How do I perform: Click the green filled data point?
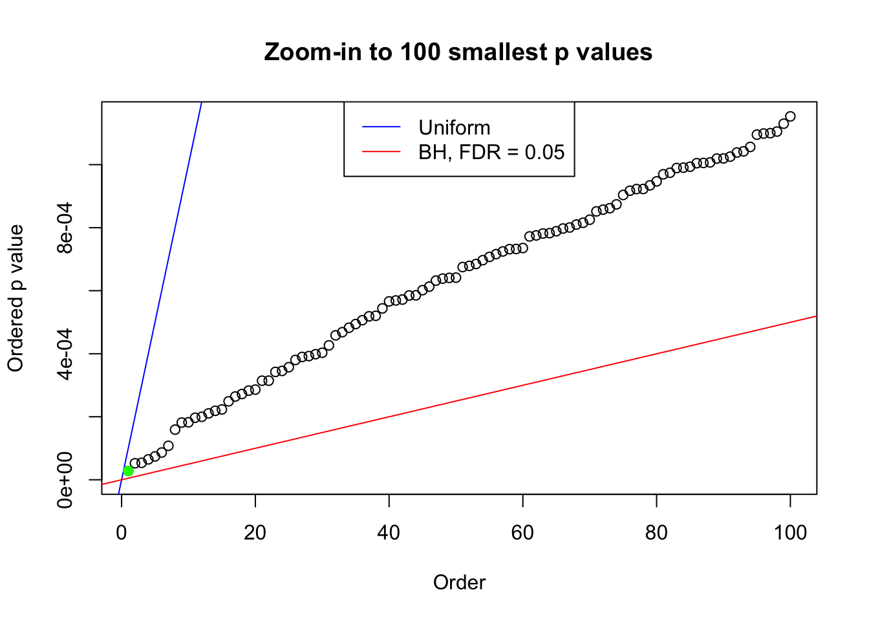click(x=128, y=471)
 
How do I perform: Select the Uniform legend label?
click(x=454, y=127)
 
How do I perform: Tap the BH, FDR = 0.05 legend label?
click(x=491, y=152)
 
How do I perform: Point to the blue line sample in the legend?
click(x=381, y=127)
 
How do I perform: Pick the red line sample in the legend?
click(x=381, y=152)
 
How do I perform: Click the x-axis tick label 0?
click(x=122, y=532)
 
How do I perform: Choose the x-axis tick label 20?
click(x=255, y=532)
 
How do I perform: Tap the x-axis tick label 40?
click(x=389, y=532)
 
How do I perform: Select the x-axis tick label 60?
click(x=522, y=532)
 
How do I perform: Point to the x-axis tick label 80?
click(x=656, y=532)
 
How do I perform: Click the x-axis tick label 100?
click(x=790, y=532)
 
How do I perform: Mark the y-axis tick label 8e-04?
click(x=65, y=228)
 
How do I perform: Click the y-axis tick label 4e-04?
click(x=65, y=354)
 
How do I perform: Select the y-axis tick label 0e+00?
click(x=65, y=480)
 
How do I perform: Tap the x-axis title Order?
click(x=459, y=583)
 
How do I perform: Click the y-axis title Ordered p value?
click(x=16, y=298)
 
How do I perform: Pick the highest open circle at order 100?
click(x=790, y=116)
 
